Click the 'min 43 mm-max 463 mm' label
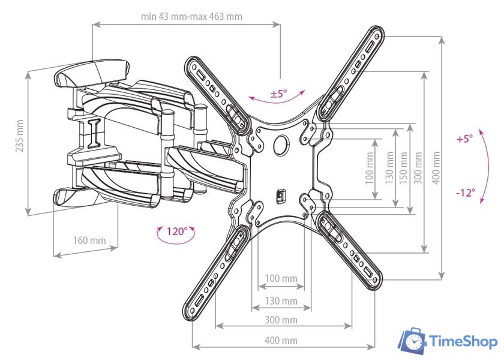(x=191, y=16)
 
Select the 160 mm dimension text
(x=89, y=240)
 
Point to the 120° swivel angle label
(x=176, y=231)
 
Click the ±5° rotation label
(x=278, y=94)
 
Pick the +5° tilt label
(x=464, y=138)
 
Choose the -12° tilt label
(x=465, y=192)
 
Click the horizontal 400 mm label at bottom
(x=281, y=341)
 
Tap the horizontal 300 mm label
(x=281, y=320)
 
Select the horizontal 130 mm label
(x=281, y=300)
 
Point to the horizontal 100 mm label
(x=281, y=279)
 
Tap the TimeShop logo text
(x=463, y=342)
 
